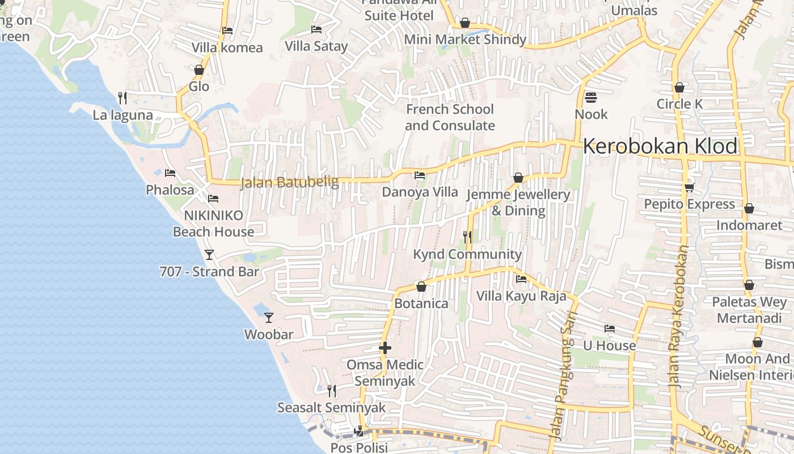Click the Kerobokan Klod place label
tap(660, 146)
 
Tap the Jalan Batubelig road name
tap(289, 183)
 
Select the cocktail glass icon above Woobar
tap(269, 318)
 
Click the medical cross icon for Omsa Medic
tap(385, 348)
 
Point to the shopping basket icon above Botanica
tap(421, 287)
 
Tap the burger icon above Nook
tap(591, 98)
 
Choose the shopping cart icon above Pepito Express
tap(689, 187)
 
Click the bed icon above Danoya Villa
tap(420, 175)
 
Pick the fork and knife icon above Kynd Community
tap(467, 237)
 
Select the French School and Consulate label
tap(450, 117)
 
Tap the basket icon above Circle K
tap(679, 87)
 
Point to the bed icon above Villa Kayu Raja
tap(521, 279)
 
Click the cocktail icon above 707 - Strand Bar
tap(209, 255)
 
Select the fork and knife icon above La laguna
tap(123, 98)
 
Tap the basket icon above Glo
tap(198, 70)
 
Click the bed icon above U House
tap(610, 329)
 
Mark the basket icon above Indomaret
tap(749, 208)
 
